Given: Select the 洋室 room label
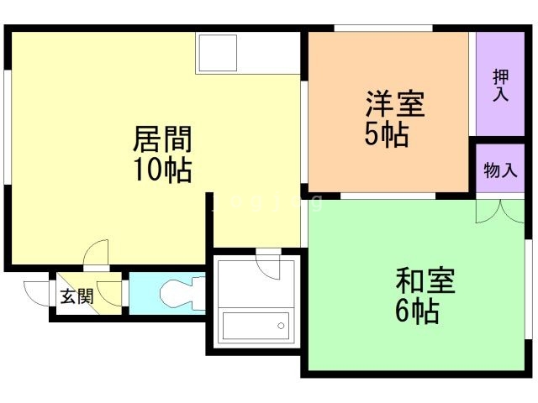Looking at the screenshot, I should click(x=394, y=105).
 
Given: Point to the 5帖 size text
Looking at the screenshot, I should click(x=388, y=134).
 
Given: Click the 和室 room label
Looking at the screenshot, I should click(x=425, y=281).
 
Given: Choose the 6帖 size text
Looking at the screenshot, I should click(x=417, y=311).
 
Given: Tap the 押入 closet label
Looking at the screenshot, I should click(x=500, y=84).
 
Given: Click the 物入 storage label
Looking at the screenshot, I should click(x=500, y=170).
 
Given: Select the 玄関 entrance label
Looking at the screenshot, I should click(x=76, y=296).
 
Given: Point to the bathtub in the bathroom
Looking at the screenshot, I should click(x=255, y=325).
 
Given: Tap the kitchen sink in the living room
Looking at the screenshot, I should click(x=215, y=53).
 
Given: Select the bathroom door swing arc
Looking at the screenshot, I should click(x=269, y=266).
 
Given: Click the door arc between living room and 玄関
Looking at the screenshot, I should click(x=97, y=252).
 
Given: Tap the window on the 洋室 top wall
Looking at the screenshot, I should click(x=382, y=29).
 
